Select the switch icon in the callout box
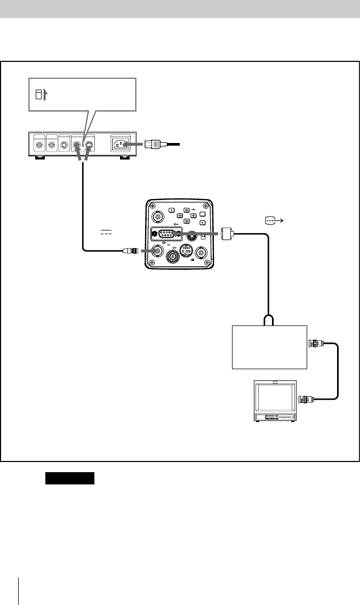tap(38, 95)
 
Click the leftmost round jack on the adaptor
tap(38, 145)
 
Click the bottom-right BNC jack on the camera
tap(202, 253)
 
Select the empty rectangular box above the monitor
tap(269, 346)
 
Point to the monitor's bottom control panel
tap(275, 417)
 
